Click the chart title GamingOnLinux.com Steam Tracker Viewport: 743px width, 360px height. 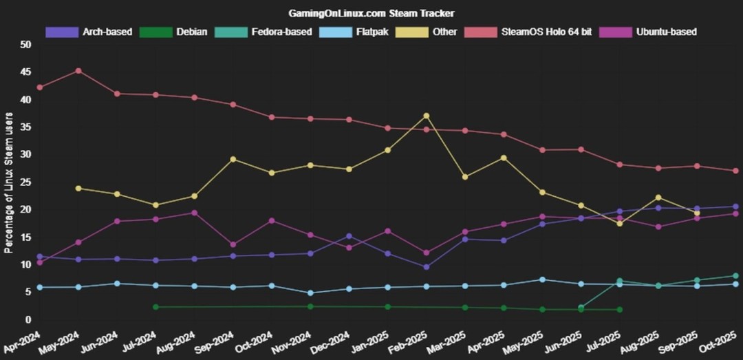(371, 13)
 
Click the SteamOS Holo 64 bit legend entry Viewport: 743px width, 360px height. (519, 32)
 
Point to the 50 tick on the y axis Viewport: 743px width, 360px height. (26, 45)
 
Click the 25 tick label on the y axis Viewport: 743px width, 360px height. (26, 182)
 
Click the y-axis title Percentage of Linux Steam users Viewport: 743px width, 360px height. (9, 182)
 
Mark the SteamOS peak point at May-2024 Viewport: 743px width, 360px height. (78, 71)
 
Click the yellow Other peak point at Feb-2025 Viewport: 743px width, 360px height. (427, 116)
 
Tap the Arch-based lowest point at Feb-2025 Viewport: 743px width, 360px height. (427, 266)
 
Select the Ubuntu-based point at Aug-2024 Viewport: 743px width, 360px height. (195, 213)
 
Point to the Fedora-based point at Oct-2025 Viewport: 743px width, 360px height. (735, 276)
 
